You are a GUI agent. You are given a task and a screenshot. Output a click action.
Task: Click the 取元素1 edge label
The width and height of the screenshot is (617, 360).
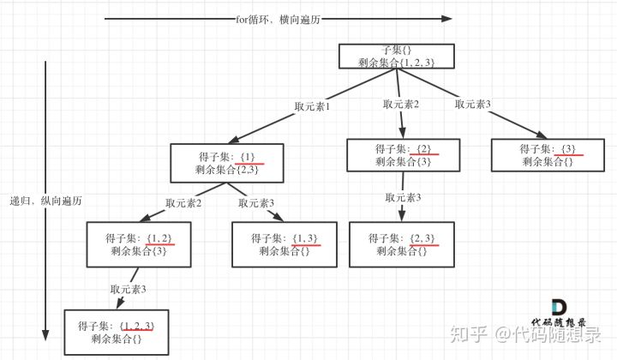click(x=312, y=107)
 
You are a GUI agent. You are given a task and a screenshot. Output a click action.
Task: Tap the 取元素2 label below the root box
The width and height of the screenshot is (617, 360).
click(x=401, y=105)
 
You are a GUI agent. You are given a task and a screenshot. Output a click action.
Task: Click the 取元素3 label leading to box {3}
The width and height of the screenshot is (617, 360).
click(x=473, y=104)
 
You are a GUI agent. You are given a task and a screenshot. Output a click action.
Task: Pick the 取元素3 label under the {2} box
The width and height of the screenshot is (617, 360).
click(x=404, y=198)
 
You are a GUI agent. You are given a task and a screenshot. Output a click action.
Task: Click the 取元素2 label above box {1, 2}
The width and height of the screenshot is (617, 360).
click(x=183, y=203)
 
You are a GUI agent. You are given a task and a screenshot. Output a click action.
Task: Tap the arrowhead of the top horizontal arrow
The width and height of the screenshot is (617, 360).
click(x=446, y=18)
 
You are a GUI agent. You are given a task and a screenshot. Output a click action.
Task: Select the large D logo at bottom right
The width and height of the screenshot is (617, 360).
click(x=559, y=309)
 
